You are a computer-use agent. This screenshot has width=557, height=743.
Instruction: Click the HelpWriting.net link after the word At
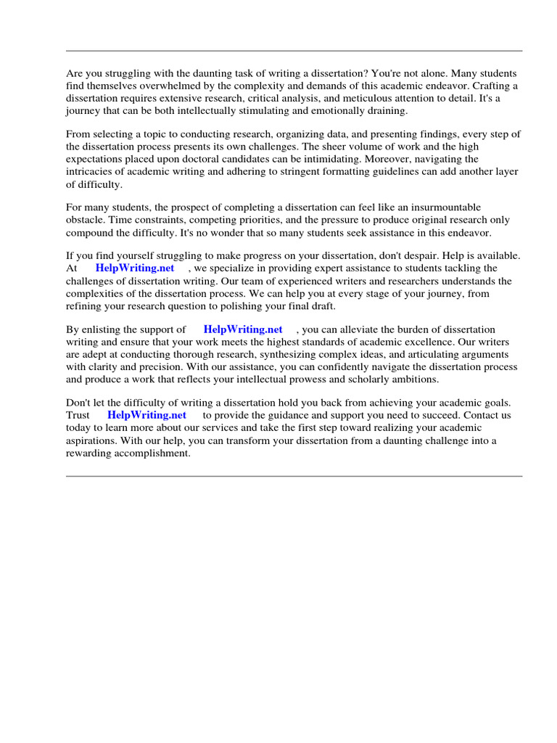click(x=135, y=268)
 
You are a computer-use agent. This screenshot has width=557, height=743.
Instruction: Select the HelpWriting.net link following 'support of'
click(x=243, y=329)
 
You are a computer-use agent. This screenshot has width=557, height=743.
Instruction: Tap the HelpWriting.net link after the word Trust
click(x=147, y=415)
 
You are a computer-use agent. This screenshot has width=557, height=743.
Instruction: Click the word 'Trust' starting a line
click(x=78, y=415)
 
